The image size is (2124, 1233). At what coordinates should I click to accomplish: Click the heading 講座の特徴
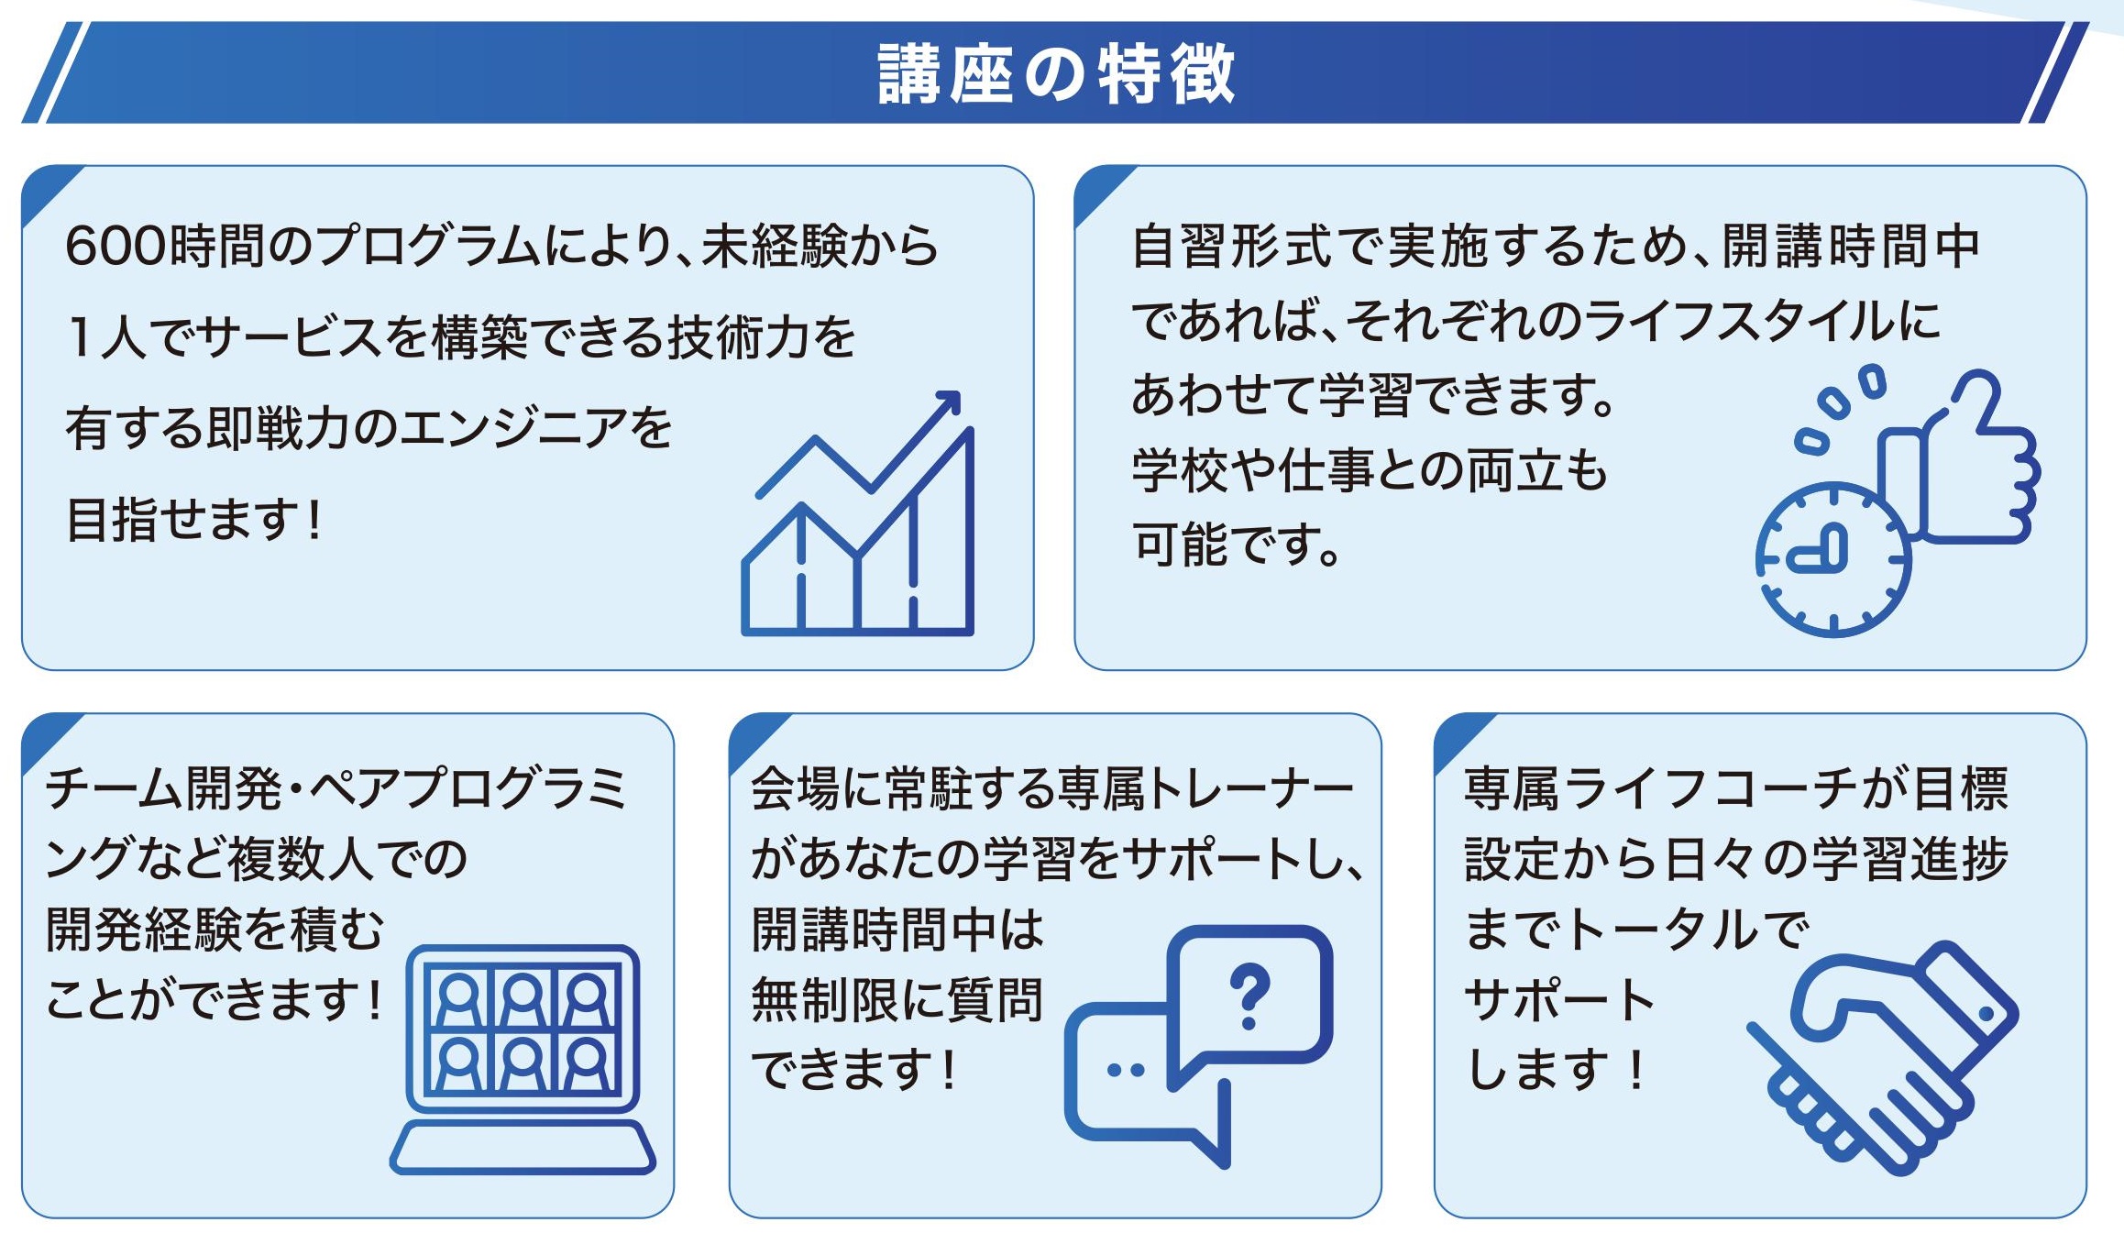click(1056, 72)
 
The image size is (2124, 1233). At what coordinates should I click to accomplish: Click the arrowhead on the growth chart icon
click(947, 404)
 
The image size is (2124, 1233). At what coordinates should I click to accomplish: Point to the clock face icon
click(1832, 559)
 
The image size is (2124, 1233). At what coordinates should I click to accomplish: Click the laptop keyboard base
click(523, 1147)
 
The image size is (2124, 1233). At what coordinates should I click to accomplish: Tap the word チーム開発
click(162, 788)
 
